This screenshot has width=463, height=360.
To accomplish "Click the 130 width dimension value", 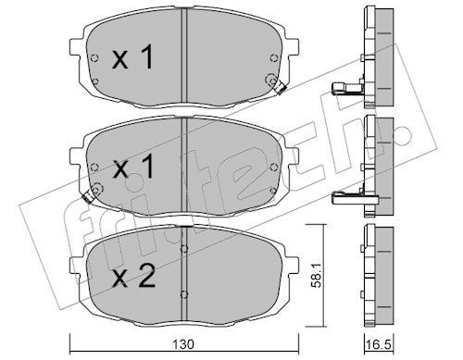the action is click(x=183, y=344).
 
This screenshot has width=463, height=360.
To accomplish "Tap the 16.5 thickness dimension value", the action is click(x=380, y=344).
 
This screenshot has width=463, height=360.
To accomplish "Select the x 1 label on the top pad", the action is click(x=132, y=56).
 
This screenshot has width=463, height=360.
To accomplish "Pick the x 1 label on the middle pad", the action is click(x=133, y=167).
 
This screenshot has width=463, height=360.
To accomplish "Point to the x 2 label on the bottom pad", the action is click(x=133, y=276).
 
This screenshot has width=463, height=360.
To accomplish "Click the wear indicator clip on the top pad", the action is click(x=280, y=89).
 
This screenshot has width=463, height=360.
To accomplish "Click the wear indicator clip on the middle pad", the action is click(x=88, y=196).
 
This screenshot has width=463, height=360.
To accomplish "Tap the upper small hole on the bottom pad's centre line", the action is click(x=183, y=249).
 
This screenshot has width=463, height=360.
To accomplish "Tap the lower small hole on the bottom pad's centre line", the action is click(x=183, y=294).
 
